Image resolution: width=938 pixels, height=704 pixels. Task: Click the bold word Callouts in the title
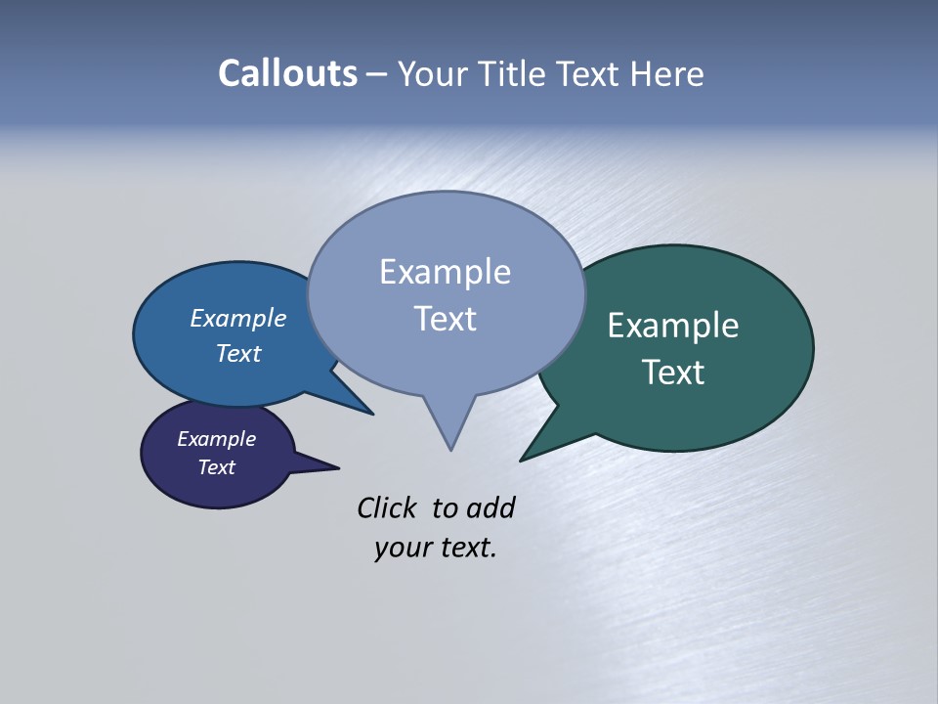tap(287, 73)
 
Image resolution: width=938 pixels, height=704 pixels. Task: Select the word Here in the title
tap(666, 73)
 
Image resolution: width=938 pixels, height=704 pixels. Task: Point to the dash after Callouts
tap(377, 74)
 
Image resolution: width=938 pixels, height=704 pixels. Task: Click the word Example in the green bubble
tap(673, 326)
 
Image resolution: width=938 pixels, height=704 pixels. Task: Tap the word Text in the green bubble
tap(673, 373)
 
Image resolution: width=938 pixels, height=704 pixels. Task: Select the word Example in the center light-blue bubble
tap(445, 272)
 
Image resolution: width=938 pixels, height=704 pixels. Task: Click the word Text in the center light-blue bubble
tap(445, 319)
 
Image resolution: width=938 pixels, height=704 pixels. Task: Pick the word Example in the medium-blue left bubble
tap(238, 319)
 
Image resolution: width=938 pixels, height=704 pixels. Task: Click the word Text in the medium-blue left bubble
tap(238, 353)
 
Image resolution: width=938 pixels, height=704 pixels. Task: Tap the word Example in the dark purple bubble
tap(217, 439)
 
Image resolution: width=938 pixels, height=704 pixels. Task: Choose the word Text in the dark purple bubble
tap(217, 467)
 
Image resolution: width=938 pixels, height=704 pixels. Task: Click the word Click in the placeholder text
tap(387, 508)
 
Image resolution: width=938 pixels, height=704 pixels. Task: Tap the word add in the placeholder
tap(490, 508)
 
